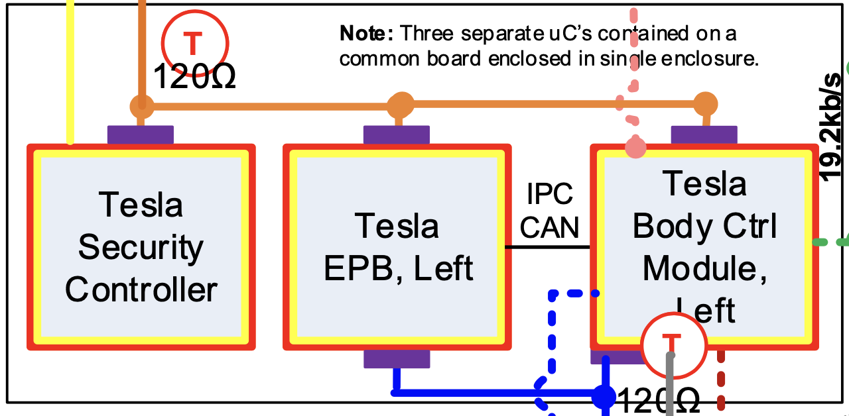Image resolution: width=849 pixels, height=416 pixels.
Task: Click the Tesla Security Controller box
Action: (x=141, y=247)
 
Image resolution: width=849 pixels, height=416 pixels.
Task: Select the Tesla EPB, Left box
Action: (x=398, y=247)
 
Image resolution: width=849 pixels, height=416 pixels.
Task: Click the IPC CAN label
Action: (x=549, y=210)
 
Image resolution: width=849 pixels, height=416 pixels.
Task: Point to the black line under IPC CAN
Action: (x=548, y=247)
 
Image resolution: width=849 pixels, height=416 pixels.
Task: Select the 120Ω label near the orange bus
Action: (x=194, y=77)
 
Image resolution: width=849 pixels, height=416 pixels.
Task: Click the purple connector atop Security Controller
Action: (x=141, y=134)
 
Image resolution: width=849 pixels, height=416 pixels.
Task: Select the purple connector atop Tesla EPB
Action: (x=397, y=134)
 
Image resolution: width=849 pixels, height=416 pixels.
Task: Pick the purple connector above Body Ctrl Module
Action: (x=704, y=134)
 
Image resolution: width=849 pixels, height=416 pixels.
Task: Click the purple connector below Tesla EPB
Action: (x=397, y=359)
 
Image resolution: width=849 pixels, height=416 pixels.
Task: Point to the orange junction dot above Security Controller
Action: (x=141, y=105)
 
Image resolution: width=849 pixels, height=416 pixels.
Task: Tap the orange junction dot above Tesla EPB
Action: (x=400, y=104)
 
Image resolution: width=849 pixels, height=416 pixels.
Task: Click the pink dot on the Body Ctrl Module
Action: (x=636, y=147)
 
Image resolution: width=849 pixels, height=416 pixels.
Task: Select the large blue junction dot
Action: (x=604, y=395)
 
